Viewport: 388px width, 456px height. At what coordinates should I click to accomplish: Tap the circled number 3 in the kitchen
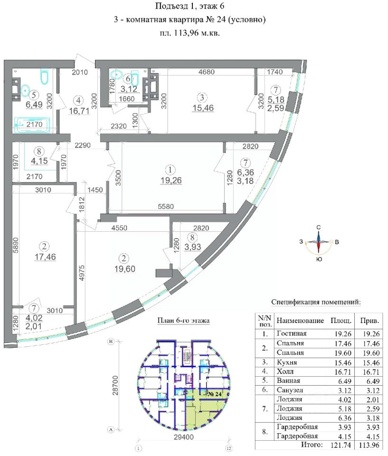202,98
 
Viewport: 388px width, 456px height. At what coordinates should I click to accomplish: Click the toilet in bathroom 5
45,77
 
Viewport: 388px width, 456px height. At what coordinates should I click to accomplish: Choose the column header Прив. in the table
369,321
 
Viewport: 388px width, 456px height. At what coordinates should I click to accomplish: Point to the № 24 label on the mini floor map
215,394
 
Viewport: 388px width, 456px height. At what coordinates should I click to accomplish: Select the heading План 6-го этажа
183,320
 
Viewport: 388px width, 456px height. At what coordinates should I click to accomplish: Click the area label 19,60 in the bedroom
124,268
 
